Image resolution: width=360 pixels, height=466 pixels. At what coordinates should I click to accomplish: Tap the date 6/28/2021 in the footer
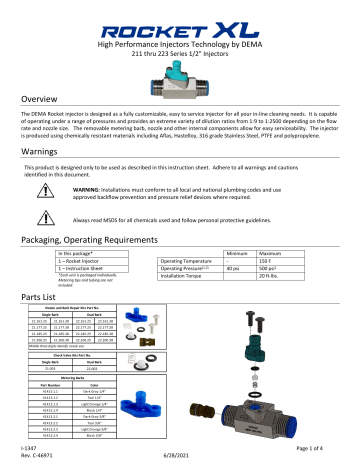point(180,457)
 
